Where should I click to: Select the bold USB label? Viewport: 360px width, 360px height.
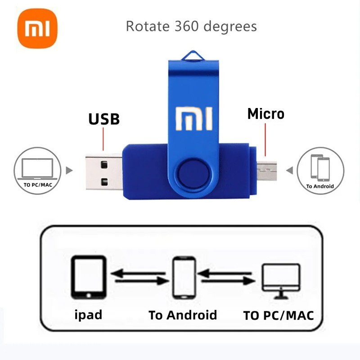tap(103, 119)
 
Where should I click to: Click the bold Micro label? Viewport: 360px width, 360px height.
tap(266, 114)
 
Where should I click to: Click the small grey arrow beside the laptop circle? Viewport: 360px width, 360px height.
tap(69, 171)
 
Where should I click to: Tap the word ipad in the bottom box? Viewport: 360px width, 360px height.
tap(88, 314)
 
